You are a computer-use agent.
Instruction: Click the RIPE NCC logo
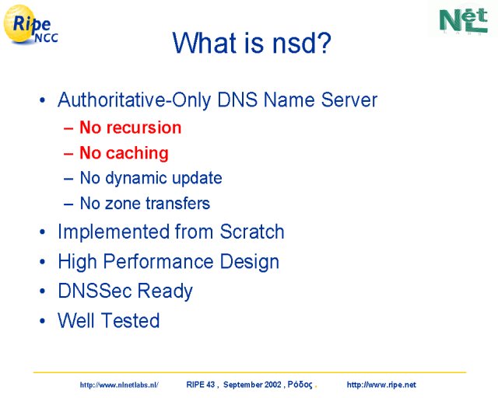pyautogui.click(x=30, y=25)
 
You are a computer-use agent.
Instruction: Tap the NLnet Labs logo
pyautogui.click(x=464, y=21)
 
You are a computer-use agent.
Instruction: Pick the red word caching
pyautogui.click(x=137, y=153)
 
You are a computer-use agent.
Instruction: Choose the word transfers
pyautogui.click(x=177, y=203)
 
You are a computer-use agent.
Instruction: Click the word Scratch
pyautogui.click(x=252, y=232)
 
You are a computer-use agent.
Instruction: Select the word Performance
pyautogui.click(x=158, y=262)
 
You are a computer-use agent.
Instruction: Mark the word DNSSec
pyautogui.click(x=95, y=291)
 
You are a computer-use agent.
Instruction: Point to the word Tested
pyautogui.click(x=130, y=320)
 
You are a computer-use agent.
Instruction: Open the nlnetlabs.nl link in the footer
pyautogui.click(x=119, y=385)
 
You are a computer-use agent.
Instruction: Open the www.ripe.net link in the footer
pyautogui.click(x=381, y=385)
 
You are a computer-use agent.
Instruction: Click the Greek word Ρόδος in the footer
pyautogui.click(x=300, y=385)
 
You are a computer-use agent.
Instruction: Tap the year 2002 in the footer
pyautogui.click(x=273, y=385)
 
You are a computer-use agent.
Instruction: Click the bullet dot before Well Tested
pyautogui.click(x=42, y=321)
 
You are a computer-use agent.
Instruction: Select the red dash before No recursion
pyautogui.click(x=68, y=128)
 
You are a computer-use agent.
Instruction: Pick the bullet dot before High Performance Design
pyautogui.click(x=42, y=262)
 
